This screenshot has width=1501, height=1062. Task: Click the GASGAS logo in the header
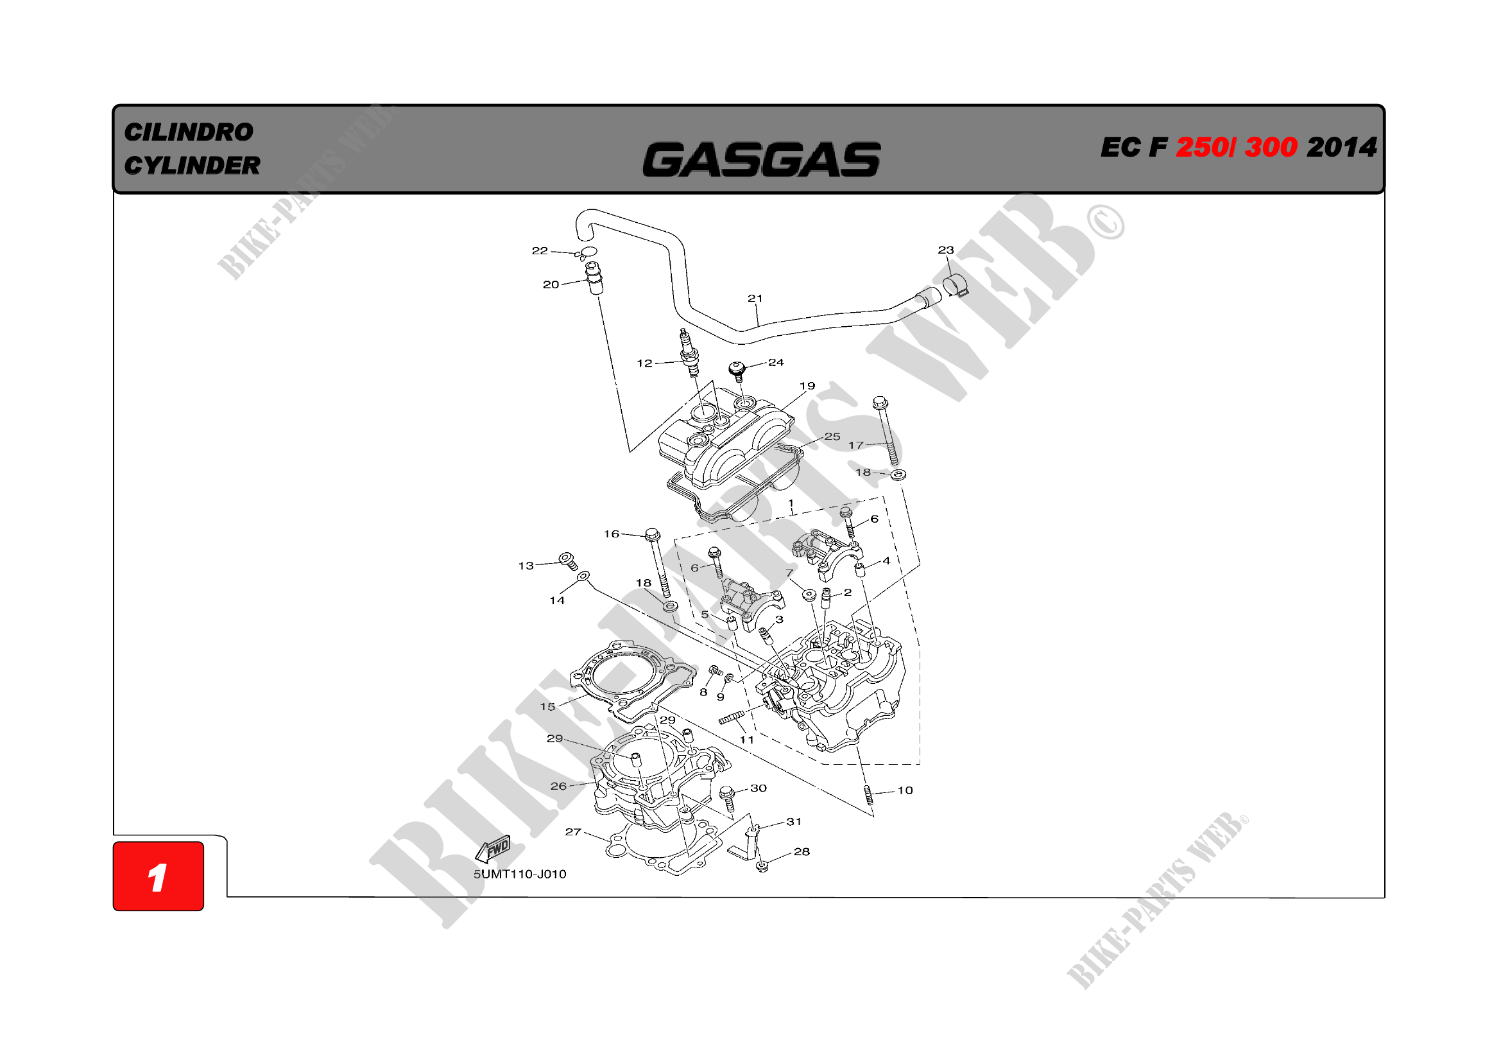coord(761,160)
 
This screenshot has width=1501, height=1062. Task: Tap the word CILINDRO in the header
coord(188,132)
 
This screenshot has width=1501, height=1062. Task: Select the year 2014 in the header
coord(1341,147)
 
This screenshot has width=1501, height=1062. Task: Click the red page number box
coord(159,876)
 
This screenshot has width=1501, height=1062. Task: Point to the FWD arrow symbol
coord(492,849)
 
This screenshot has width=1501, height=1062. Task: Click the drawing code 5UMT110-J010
coord(520,875)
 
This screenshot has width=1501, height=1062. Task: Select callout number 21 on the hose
coord(755,298)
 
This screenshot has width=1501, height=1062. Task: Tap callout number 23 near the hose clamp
coord(945,250)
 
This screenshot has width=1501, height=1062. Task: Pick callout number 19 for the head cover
coord(807,386)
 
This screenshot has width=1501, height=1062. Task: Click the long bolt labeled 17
coord(887,431)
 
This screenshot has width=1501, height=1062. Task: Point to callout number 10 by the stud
coord(905,790)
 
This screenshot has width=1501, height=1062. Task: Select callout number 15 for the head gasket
coord(547,706)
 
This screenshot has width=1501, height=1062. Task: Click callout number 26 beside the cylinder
coord(558,786)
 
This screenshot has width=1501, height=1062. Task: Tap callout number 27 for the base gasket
coord(572,831)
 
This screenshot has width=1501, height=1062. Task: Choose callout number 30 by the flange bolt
coord(759,788)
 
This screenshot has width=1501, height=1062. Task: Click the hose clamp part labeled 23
coord(955,285)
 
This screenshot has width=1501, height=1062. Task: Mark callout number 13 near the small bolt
coord(526,566)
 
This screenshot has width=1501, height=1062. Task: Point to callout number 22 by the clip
coord(539,250)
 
